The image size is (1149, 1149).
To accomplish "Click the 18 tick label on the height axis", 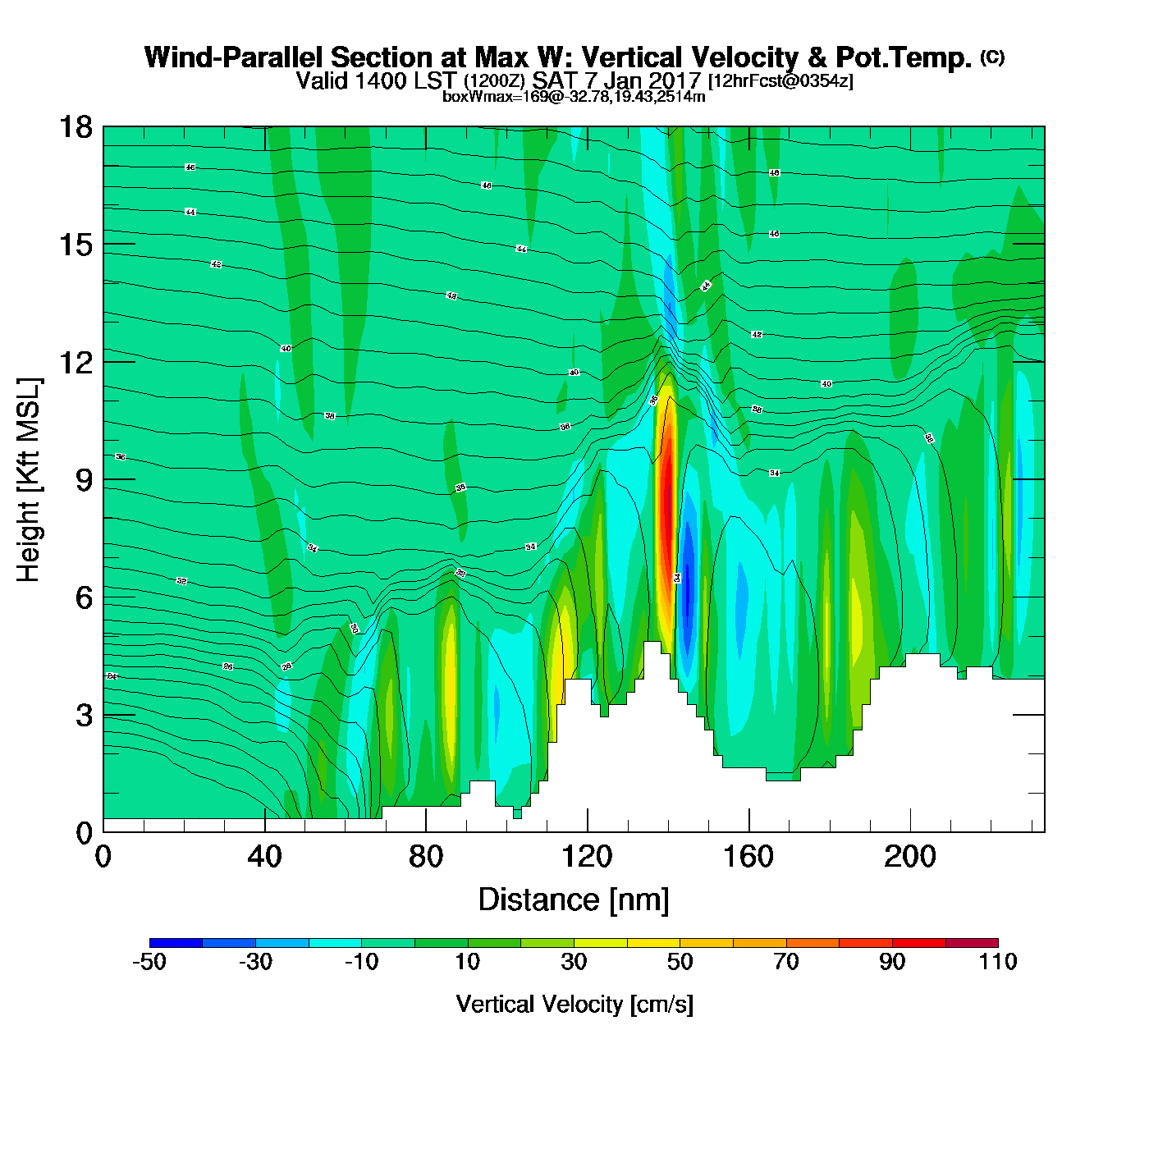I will click(75, 127).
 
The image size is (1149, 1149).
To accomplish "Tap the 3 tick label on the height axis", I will click(84, 716).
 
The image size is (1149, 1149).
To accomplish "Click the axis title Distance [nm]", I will click(574, 900).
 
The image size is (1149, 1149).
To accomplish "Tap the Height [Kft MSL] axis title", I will click(29, 480).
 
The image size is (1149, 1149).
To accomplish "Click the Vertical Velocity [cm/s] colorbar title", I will click(574, 1004).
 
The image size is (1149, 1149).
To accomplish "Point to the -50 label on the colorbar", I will click(149, 962).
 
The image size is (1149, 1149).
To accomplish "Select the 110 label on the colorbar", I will click(998, 962).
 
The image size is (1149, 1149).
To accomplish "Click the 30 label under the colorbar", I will click(574, 962).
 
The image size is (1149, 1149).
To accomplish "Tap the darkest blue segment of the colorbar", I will click(176, 942).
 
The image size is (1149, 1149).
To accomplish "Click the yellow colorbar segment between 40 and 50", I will click(653, 942).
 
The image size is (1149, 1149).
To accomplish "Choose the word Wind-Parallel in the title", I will click(235, 58).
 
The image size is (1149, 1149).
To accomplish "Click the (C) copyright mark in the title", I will click(992, 57).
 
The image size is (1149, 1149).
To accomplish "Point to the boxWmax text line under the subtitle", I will click(574, 96).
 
